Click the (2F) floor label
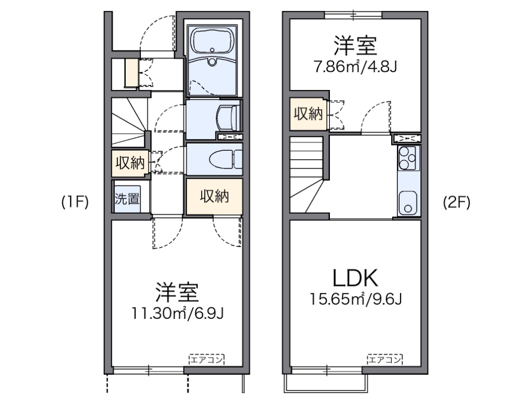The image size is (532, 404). click(457, 203)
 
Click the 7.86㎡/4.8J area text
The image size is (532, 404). click(355, 67)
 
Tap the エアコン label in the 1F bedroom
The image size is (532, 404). click(206, 359)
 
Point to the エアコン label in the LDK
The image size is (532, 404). click(385, 359)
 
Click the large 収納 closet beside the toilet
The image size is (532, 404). click(214, 197)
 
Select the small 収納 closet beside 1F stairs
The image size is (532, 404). click(129, 163)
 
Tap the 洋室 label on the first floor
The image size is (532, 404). click(178, 293)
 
